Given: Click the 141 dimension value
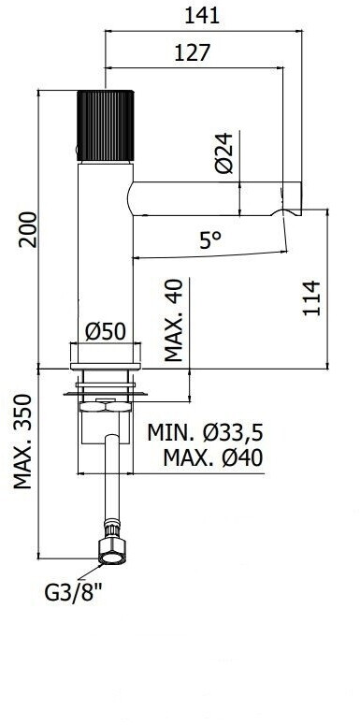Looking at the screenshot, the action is [x=202, y=16].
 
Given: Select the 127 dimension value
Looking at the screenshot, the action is [x=193, y=52].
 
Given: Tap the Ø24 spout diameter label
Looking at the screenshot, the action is [x=224, y=152].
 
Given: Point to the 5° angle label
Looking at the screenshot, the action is [x=210, y=240].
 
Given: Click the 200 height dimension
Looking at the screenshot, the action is [x=28, y=229].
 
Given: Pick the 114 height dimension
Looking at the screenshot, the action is [x=312, y=297].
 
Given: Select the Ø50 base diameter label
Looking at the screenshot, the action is [x=106, y=331].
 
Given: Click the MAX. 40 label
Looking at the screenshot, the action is [x=174, y=320].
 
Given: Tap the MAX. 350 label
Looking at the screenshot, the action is [x=22, y=442].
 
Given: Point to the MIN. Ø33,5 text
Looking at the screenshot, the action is [x=205, y=433].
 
